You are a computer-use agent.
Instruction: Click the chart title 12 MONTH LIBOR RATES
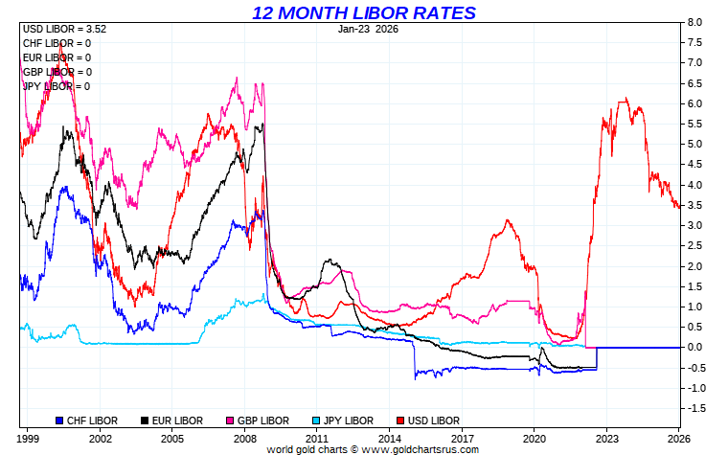(363, 12)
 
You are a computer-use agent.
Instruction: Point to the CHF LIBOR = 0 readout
(57, 43)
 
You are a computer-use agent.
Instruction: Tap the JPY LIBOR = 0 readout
(57, 86)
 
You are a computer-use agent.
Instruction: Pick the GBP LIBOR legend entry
(257, 420)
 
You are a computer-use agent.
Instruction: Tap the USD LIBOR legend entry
(426, 420)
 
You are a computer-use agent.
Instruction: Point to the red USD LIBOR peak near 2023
(626, 99)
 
